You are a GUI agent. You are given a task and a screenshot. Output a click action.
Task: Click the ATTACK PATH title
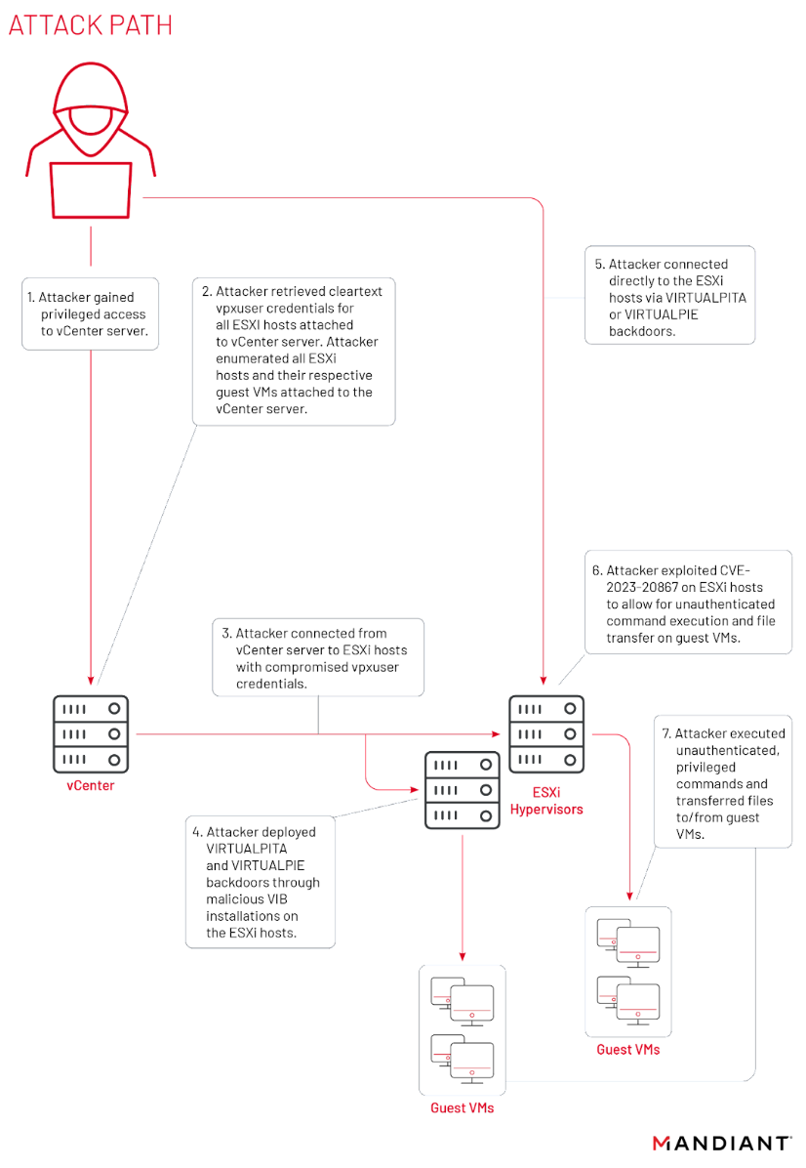90,25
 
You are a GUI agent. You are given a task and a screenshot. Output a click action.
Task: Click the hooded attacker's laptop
91,190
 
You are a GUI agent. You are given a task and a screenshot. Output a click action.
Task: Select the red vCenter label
91,784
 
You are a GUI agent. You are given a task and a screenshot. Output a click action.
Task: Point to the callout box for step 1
91,313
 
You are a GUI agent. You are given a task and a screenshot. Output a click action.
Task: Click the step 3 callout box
318,655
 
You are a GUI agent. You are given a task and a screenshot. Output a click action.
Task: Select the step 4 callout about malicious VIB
261,881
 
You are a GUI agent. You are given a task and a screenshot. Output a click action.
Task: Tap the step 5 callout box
669,294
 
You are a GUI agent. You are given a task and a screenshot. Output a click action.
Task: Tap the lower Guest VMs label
462,1108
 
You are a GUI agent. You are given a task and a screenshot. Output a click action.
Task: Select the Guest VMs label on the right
627,1049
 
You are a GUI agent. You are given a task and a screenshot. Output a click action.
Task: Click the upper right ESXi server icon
546,732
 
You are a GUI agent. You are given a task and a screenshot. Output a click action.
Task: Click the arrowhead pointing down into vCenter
91,681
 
